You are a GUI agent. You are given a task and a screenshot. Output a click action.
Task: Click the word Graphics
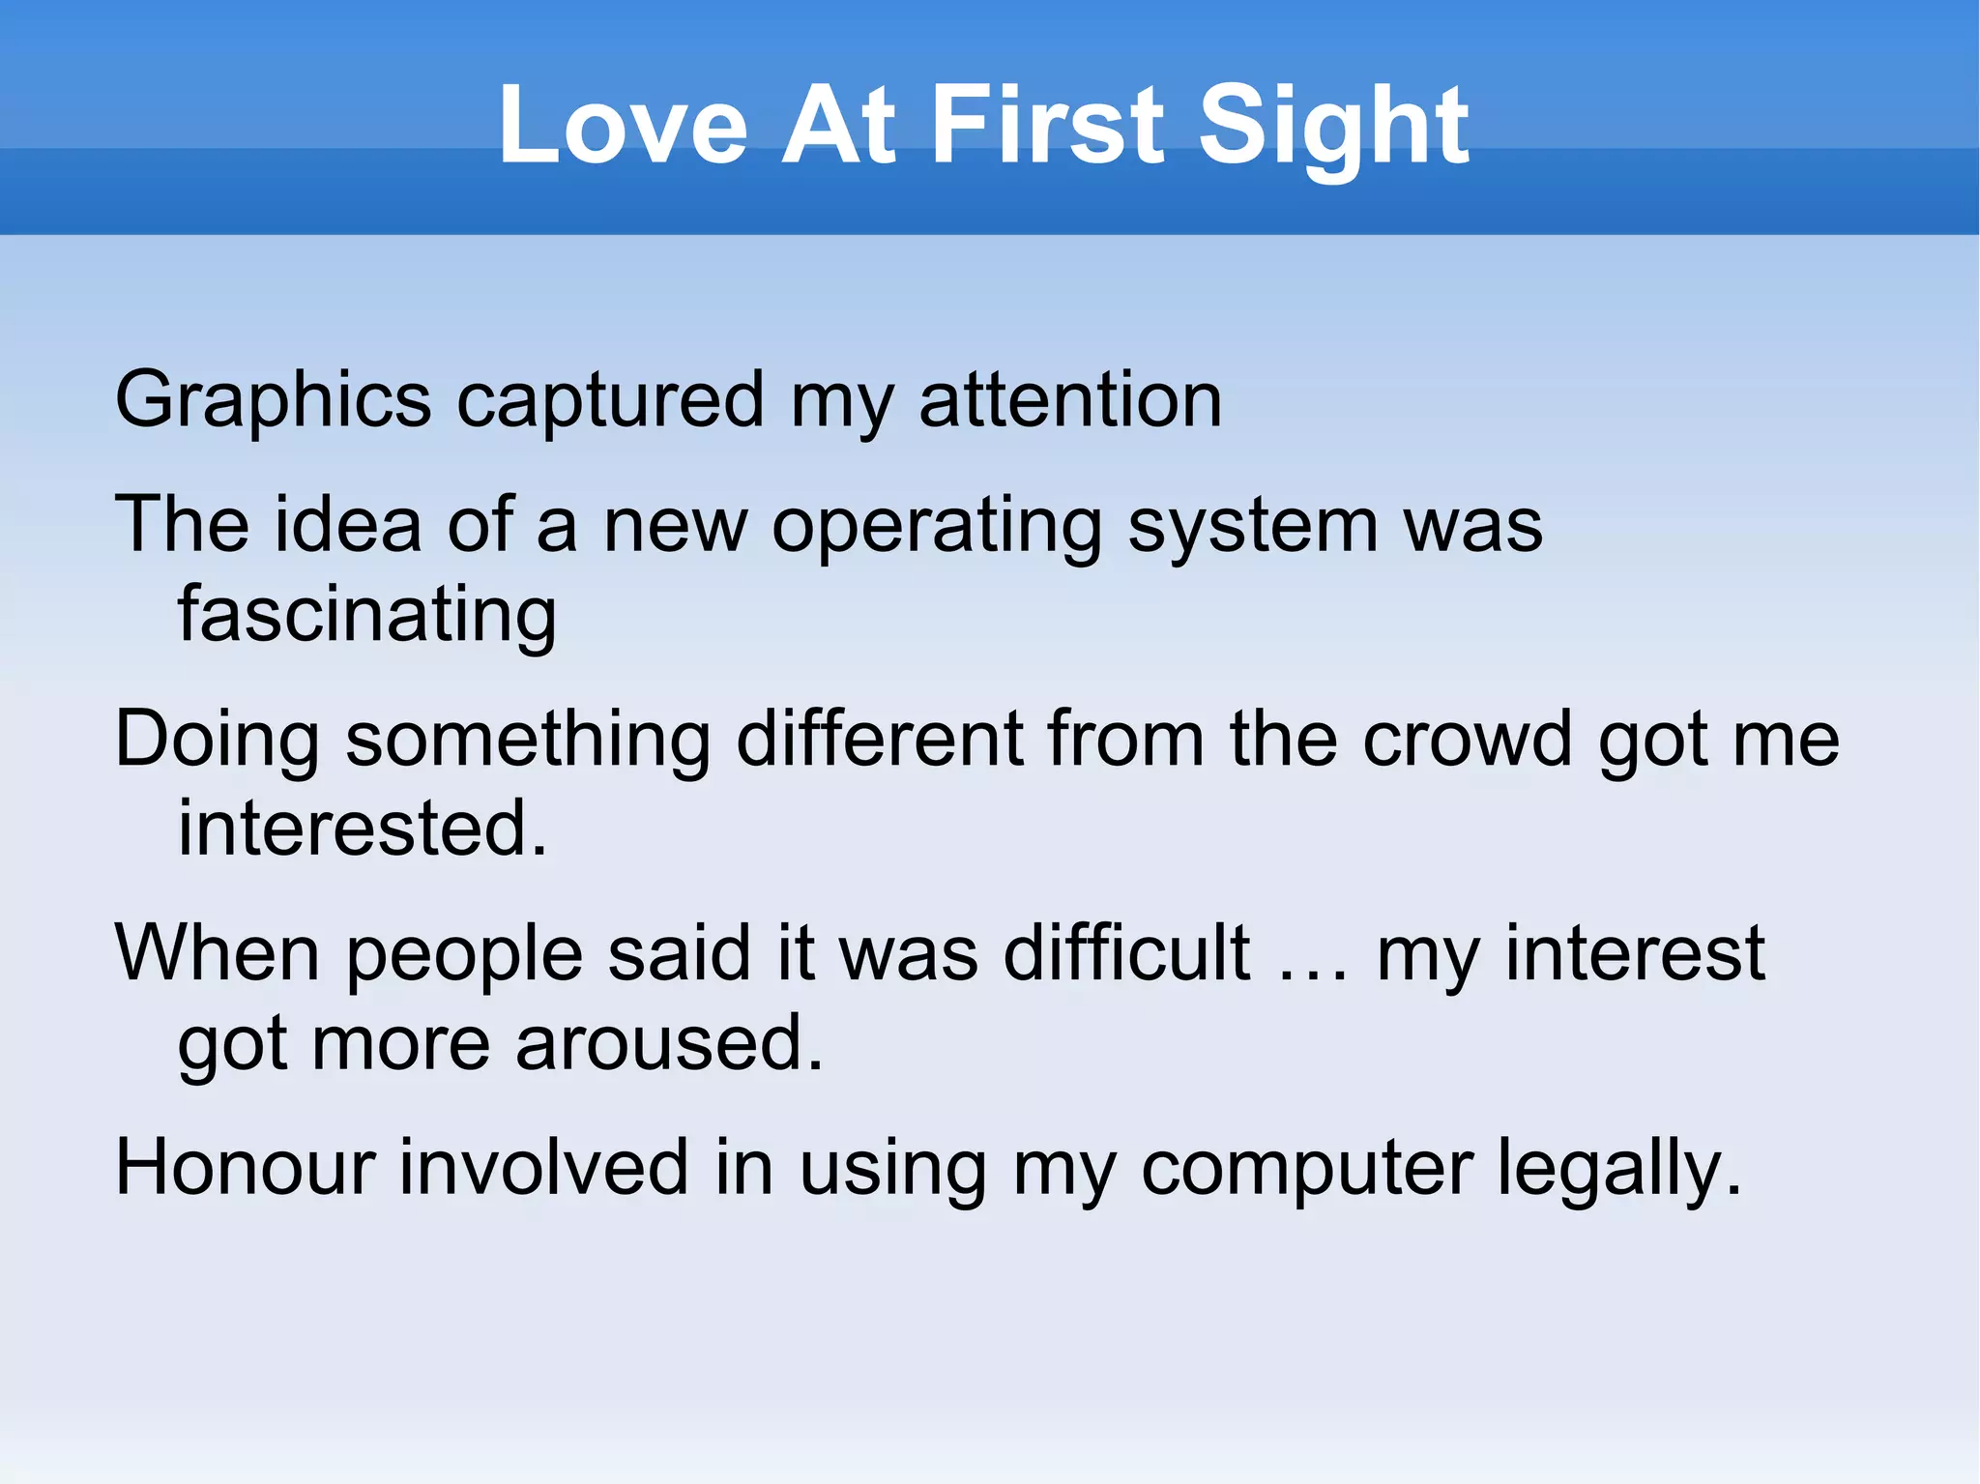pos(273,400)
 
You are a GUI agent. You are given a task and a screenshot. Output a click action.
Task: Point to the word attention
pos(1070,400)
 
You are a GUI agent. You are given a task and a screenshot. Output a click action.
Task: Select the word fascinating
pos(367,616)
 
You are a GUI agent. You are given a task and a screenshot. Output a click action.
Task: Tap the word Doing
pos(218,740)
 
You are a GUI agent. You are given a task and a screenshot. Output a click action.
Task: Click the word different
pos(879,740)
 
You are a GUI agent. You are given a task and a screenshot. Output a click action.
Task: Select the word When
pos(218,954)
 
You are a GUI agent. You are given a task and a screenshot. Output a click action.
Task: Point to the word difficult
pos(1126,954)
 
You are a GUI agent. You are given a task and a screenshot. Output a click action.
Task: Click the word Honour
pos(245,1168)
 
